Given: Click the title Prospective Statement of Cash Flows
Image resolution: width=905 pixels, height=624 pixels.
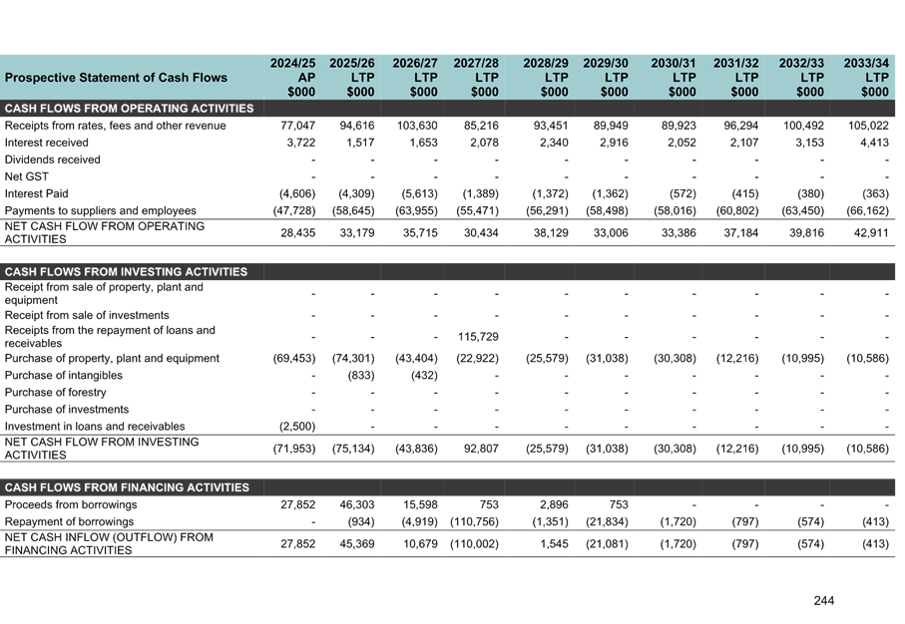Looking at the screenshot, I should [x=116, y=78].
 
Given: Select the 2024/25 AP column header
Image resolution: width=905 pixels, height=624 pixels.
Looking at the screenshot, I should [x=293, y=77].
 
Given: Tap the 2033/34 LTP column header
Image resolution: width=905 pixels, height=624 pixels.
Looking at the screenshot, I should [x=865, y=77].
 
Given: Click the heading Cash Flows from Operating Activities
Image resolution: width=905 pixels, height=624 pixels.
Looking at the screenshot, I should [x=129, y=109].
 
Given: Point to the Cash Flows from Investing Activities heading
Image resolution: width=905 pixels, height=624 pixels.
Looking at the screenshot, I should [x=126, y=272].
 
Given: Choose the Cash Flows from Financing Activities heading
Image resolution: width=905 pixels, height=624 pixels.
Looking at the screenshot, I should [x=127, y=487].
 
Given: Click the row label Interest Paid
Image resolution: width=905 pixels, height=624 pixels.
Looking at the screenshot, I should [x=37, y=193].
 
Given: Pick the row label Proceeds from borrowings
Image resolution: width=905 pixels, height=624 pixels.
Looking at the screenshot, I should [x=71, y=504].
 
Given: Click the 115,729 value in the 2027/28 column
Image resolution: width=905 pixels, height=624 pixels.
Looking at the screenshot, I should [x=478, y=336].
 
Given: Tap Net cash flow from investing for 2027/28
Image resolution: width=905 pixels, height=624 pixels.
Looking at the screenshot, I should [x=480, y=448].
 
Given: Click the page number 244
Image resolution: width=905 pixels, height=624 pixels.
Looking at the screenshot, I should [x=823, y=600].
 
